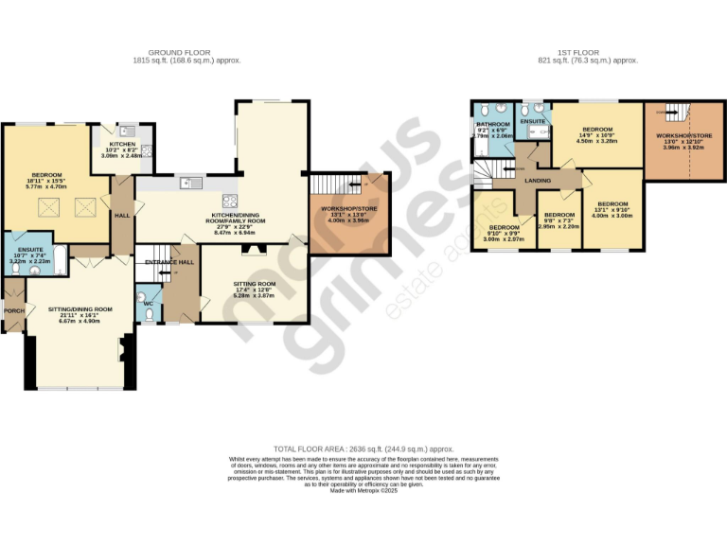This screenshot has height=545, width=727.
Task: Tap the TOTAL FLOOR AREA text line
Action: click(x=363, y=448)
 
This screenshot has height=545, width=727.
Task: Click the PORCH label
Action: click(x=13, y=310)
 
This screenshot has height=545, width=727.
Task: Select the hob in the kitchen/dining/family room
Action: click(x=229, y=200)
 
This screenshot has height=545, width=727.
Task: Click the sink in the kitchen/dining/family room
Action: click(x=186, y=183)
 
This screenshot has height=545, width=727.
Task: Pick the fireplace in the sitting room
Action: click(x=252, y=250)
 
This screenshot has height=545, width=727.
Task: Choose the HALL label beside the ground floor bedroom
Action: click(x=122, y=215)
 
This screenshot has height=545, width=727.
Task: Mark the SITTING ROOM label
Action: click(x=253, y=284)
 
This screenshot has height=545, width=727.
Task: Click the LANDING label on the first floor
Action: click(x=538, y=180)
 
